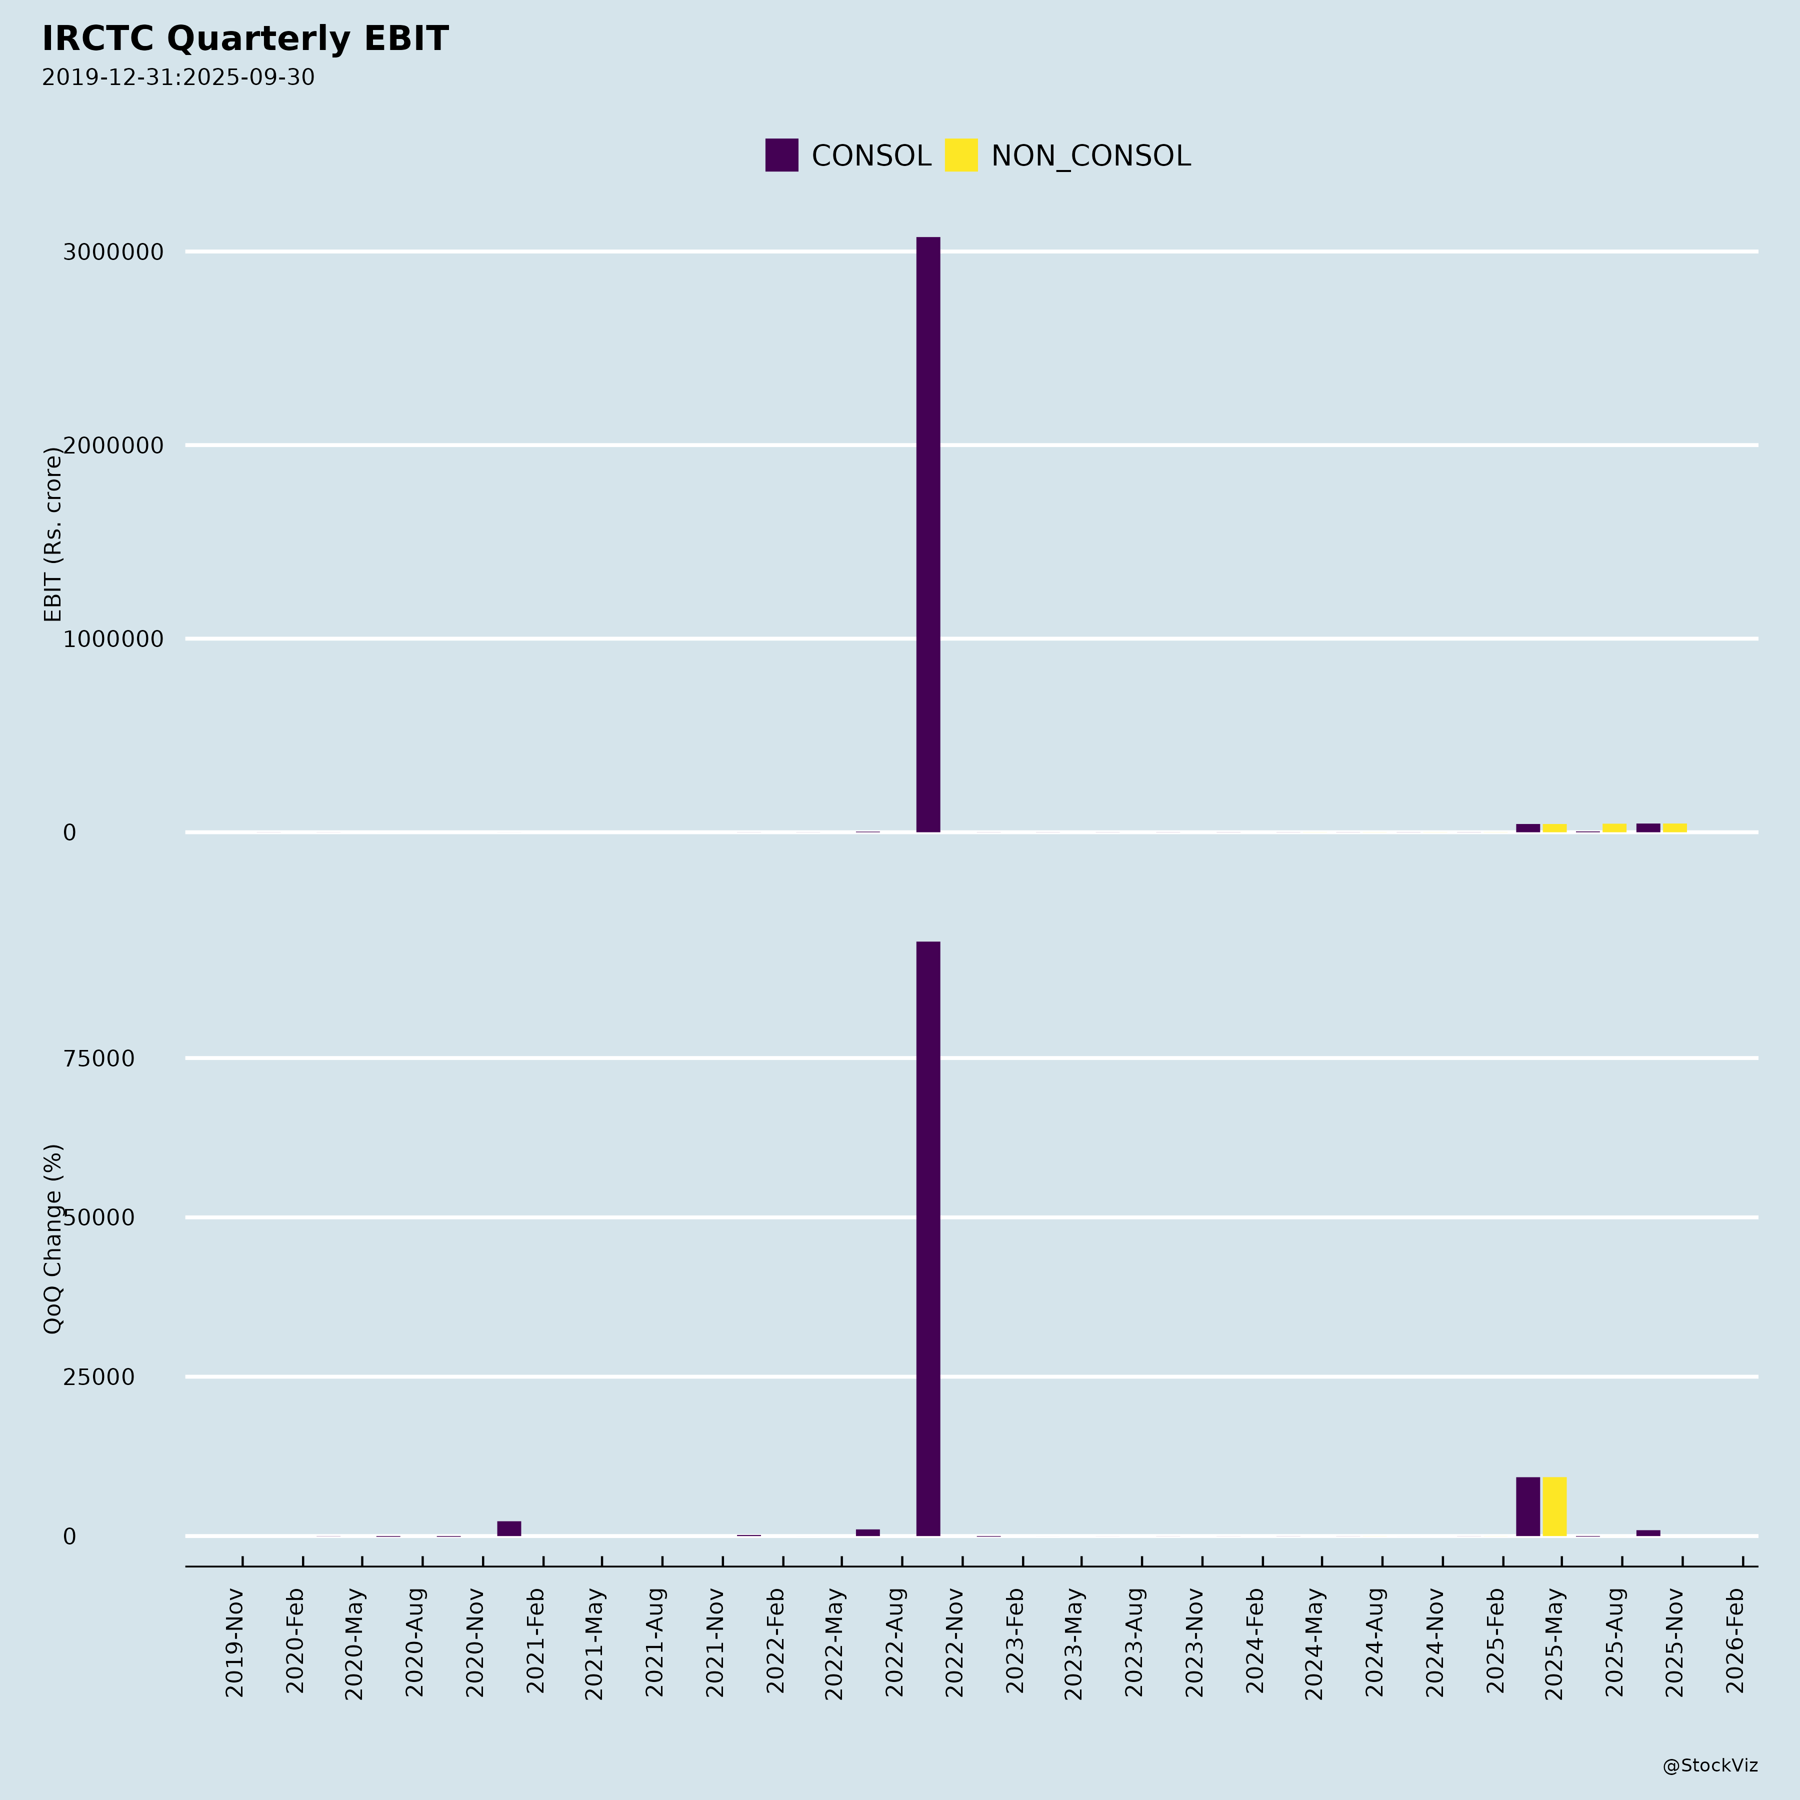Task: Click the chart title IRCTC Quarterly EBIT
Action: tap(245, 39)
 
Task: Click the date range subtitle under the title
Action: tap(178, 77)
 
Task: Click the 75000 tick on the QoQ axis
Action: tap(99, 1058)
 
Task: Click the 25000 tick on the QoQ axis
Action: tap(99, 1377)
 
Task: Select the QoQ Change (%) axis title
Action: tap(53, 1239)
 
